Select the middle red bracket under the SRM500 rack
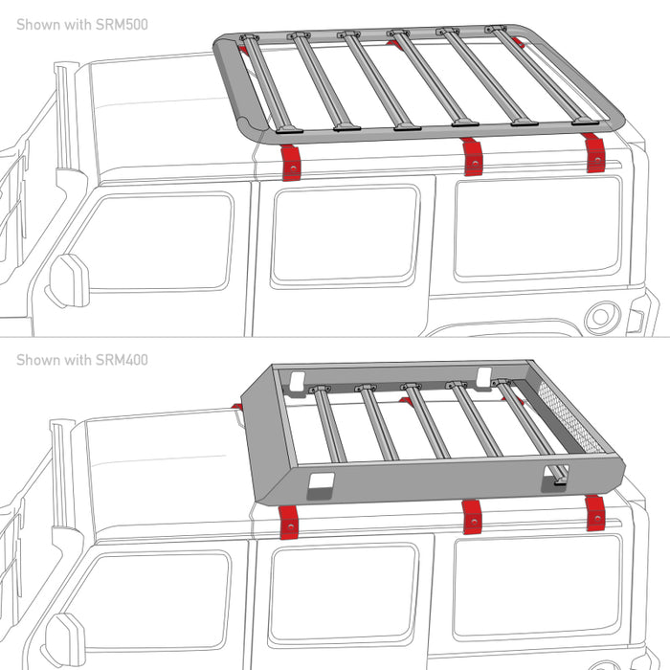click(472, 156)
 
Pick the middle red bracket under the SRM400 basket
click(470, 517)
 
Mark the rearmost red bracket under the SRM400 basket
click(595, 512)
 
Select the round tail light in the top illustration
click(602, 315)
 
